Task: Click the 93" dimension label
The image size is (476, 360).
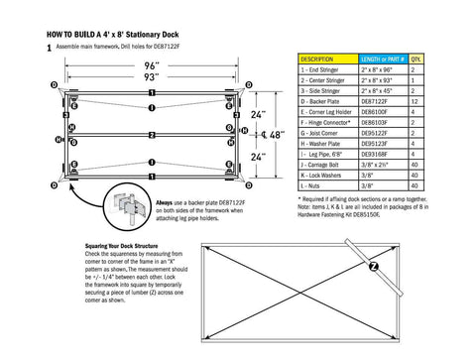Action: click(151, 76)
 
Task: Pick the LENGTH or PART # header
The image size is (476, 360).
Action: click(376, 60)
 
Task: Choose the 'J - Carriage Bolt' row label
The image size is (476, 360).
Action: click(323, 164)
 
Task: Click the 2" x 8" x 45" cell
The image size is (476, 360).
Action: click(376, 91)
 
